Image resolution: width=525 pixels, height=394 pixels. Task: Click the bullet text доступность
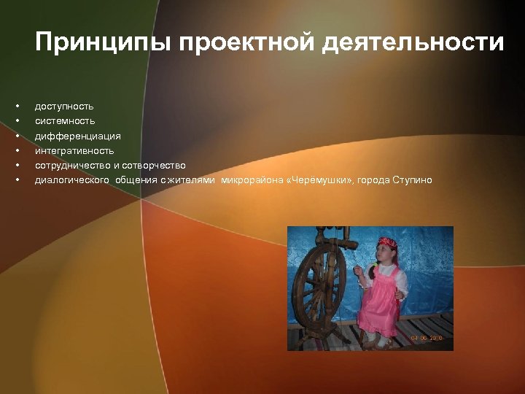tap(64, 107)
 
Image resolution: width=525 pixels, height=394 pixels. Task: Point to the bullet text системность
tap(65, 121)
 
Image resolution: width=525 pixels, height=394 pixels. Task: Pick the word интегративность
tap(74, 150)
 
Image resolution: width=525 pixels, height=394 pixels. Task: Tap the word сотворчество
tap(155, 165)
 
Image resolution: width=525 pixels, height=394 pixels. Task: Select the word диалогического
tap(72, 179)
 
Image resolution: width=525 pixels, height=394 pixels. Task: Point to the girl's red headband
tap(386, 242)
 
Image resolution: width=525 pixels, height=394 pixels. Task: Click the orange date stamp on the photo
tap(426, 339)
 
